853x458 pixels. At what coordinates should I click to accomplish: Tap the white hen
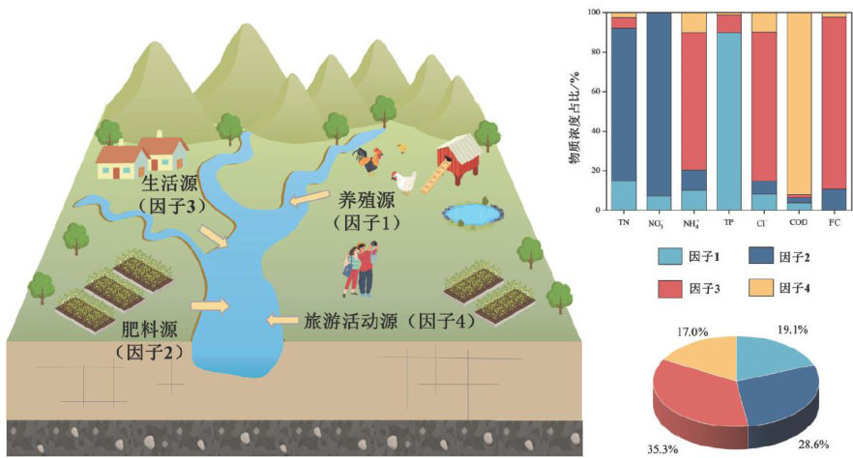pos(404,180)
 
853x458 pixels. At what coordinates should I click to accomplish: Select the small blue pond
pos(471,213)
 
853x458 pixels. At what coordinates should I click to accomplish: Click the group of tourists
pos(360,269)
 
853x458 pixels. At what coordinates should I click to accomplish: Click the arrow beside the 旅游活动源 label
pos(283,320)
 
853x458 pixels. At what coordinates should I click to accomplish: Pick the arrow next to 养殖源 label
pos(308,201)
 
